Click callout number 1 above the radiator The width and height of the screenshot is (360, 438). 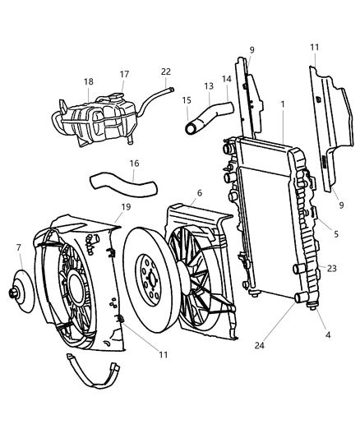pyautogui.click(x=282, y=106)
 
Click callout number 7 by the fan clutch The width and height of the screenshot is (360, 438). pyautogui.click(x=19, y=247)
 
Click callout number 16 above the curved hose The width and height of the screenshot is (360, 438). pyautogui.click(x=133, y=164)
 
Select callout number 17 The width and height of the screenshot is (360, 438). pyautogui.click(x=125, y=75)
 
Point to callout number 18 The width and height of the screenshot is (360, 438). pyautogui.click(x=89, y=82)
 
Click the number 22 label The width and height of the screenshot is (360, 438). pyautogui.click(x=165, y=71)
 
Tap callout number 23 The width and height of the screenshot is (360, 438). pyautogui.click(x=331, y=268)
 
